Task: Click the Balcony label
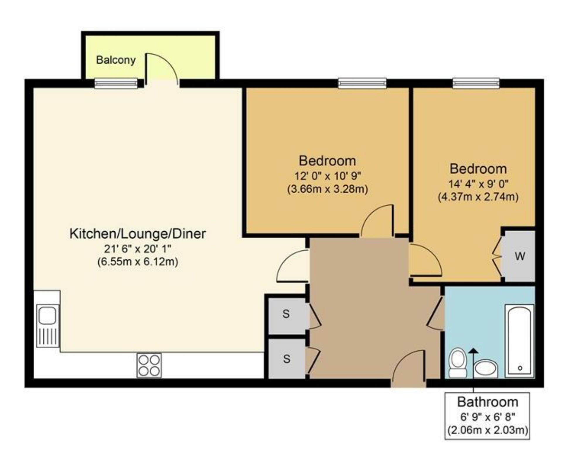coord(116,60)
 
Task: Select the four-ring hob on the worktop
coord(149,365)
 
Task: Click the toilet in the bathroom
coord(458,363)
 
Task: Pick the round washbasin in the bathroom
coord(486,369)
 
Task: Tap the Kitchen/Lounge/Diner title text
coord(137,234)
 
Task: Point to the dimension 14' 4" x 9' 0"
coord(478,184)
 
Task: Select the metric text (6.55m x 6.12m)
coord(137,261)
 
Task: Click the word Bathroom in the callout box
coord(488,402)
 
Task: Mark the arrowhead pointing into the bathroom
coord(473,351)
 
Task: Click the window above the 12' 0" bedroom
coord(362,83)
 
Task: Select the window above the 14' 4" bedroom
coord(476,83)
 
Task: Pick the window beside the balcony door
coord(116,83)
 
